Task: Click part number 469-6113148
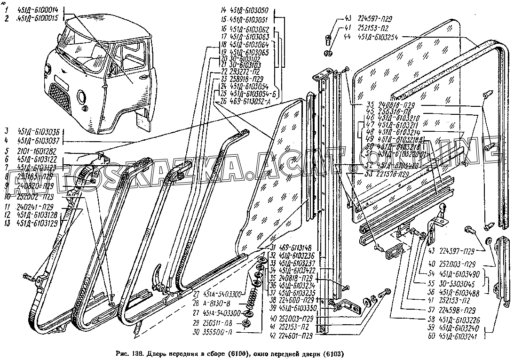[297, 248]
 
